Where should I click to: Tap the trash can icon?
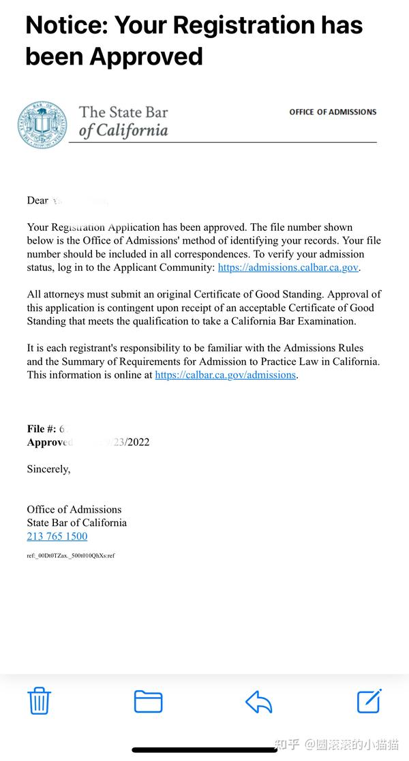click(x=39, y=700)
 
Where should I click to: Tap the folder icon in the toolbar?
click(x=148, y=701)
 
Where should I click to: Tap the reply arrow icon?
click(x=258, y=701)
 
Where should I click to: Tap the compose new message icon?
click(x=369, y=700)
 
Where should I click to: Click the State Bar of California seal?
click(x=42, y=125)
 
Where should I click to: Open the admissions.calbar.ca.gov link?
click(x=288, y=268)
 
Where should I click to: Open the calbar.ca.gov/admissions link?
click(x=226, y=375)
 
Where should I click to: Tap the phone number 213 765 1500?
click(x=57, y=536)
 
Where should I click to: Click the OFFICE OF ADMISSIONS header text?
click(x=333, y=112)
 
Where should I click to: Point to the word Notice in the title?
click(x=65, y=25)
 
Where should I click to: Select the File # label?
click(x=41, y=429)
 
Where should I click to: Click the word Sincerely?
click(x=48, y=469)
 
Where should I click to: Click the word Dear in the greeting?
click(x=37, y=200)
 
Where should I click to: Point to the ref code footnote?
click(x=71, y=555)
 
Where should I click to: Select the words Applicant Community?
click(x=167, y=268)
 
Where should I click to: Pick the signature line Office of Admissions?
click(x=74, y=509)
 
